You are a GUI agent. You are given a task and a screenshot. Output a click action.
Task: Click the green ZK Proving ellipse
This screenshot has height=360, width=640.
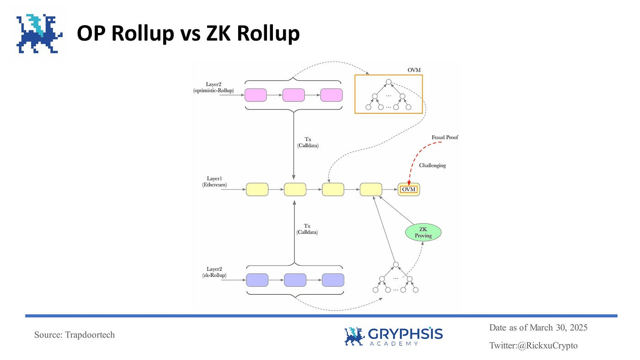(423, 232)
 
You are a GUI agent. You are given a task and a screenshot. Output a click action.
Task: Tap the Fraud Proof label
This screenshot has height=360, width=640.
(444, 137)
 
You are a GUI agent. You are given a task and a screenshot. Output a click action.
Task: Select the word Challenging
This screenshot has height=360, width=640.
(432, 165)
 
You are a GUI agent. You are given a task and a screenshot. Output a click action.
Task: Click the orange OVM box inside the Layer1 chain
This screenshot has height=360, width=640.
(409, 189)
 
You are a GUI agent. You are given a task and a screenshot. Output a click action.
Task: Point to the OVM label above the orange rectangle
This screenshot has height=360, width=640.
(414, 70)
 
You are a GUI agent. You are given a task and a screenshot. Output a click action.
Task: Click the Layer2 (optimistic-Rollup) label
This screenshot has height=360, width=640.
(213, 87)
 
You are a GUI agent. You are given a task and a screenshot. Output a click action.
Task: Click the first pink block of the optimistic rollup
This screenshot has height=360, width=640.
(256, 95)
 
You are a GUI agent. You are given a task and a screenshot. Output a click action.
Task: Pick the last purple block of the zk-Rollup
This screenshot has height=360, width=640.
(333, 280)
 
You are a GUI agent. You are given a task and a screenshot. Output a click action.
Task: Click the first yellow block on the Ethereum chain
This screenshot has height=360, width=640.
(257, 189)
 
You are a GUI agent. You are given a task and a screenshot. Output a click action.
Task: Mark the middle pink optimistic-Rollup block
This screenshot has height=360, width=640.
(293, 95)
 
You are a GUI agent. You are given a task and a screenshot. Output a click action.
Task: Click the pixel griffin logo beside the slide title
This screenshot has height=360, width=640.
(38, 33)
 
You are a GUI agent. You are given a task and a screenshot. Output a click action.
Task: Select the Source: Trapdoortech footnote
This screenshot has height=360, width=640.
(75, 335)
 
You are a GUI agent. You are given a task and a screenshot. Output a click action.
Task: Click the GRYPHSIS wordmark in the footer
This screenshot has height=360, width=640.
(405, 334)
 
